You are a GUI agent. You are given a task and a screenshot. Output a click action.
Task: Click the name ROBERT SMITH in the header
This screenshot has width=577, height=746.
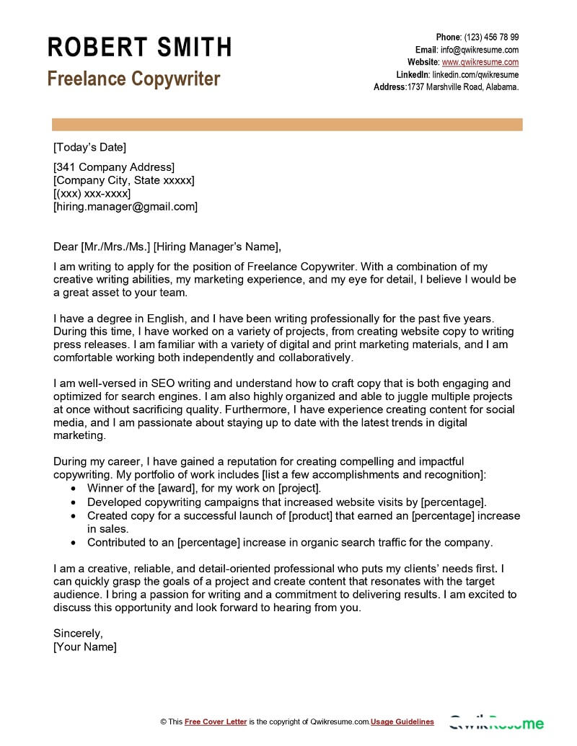click(x=139, y=48)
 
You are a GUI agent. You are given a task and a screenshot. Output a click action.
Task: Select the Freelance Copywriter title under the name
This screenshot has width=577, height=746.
click(x=133, y=79)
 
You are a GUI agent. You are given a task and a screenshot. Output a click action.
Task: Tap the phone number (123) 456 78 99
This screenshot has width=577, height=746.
click(x=491, y=37)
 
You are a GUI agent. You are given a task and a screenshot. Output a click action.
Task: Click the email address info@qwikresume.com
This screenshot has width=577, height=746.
click(x=480, y=50)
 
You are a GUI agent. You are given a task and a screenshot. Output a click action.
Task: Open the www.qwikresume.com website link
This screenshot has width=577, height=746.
click(x=480, y=62)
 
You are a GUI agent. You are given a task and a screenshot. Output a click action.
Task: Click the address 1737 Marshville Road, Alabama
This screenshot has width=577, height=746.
click(x=462, y=86)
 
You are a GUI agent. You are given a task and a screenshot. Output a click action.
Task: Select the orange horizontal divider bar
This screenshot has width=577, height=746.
click(x=288, y=125)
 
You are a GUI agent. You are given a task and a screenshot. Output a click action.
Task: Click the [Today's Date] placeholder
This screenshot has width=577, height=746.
click(x=89, y=148)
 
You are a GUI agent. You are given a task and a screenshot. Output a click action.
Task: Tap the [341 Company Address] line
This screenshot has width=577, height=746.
click(x=114, y=167)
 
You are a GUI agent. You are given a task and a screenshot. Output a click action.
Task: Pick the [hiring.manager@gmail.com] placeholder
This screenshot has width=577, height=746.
click(x=125, y=206)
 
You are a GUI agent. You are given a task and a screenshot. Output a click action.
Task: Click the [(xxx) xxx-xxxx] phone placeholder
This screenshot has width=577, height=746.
click(x=92, y=193)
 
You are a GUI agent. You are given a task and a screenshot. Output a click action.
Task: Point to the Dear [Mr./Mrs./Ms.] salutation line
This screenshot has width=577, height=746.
click(x=166, y=246)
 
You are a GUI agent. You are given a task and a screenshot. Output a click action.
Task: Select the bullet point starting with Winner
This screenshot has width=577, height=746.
click(x=204, y=488)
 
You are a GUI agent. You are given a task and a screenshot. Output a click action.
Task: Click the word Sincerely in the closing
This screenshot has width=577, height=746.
click(x=78, y=633)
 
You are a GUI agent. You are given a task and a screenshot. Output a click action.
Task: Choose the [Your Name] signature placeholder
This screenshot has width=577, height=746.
click(x=85, y=647)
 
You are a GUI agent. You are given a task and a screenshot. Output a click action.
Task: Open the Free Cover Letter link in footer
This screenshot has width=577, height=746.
click(x=216, y=721)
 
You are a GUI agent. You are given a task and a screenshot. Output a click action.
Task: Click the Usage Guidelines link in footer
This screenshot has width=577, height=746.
click(x=402, y=721)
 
